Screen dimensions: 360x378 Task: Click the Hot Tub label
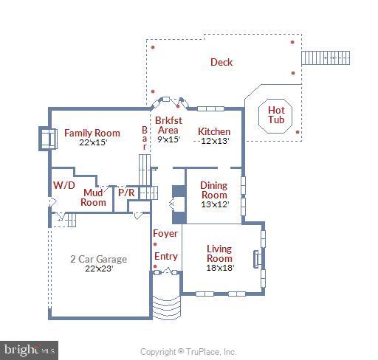tap(276, 114)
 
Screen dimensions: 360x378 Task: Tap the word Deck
tap(221, 62)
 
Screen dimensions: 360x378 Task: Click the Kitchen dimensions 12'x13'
tap(213, 141)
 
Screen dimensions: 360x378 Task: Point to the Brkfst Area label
tap(168, 125)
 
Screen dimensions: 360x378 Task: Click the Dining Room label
tap(214, 190)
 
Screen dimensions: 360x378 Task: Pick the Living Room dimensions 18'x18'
tap(219, 268)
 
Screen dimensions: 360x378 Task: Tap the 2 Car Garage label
tap(98, 259)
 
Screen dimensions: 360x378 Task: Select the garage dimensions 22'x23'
tap(98, 269)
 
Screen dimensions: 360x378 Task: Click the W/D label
tap(62, 184)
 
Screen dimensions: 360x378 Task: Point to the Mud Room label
tap(93, 197)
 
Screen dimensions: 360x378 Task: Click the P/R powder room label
tap(126, 193)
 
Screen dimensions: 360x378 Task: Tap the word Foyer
tap(165, 234)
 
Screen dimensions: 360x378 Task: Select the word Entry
tap(165, 257)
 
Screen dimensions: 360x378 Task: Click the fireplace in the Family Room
tap(48, 138)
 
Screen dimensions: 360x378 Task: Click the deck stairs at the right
tap(324, 58)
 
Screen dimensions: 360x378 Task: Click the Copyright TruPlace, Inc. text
tap(188, 352)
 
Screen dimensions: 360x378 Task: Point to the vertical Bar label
tap(145, 138)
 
